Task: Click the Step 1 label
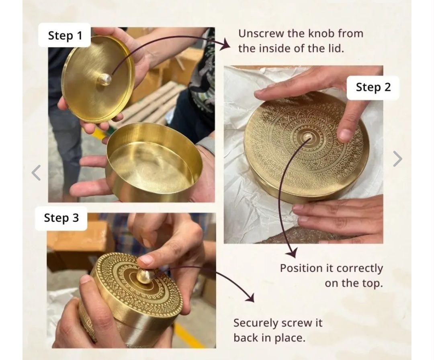click(65, 35)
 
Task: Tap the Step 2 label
click(373, 87)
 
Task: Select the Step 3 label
click(61, 218)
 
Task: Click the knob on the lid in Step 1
click(104, 79)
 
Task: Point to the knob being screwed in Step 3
click(145, 276)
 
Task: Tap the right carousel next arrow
click(397, 159)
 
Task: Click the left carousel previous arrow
click(36, 173)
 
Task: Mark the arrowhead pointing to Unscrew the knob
click(225, 44)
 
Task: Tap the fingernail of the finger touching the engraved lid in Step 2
click(346, 135)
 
